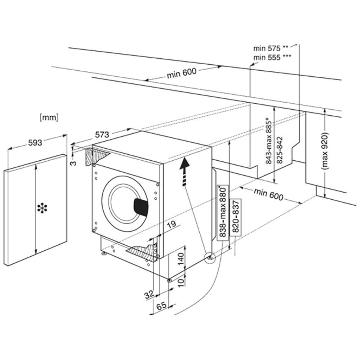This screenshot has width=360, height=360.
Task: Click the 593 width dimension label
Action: [x=35, y=142]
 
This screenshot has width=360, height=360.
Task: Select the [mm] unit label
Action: [x=49, y=118]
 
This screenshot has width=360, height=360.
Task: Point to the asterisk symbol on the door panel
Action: [x=42, y=208]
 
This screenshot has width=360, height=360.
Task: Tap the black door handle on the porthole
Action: [x=142, y=206]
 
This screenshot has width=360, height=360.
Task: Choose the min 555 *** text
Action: [x=272, y=57]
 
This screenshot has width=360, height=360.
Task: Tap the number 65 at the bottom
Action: [x=161, y=306]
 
